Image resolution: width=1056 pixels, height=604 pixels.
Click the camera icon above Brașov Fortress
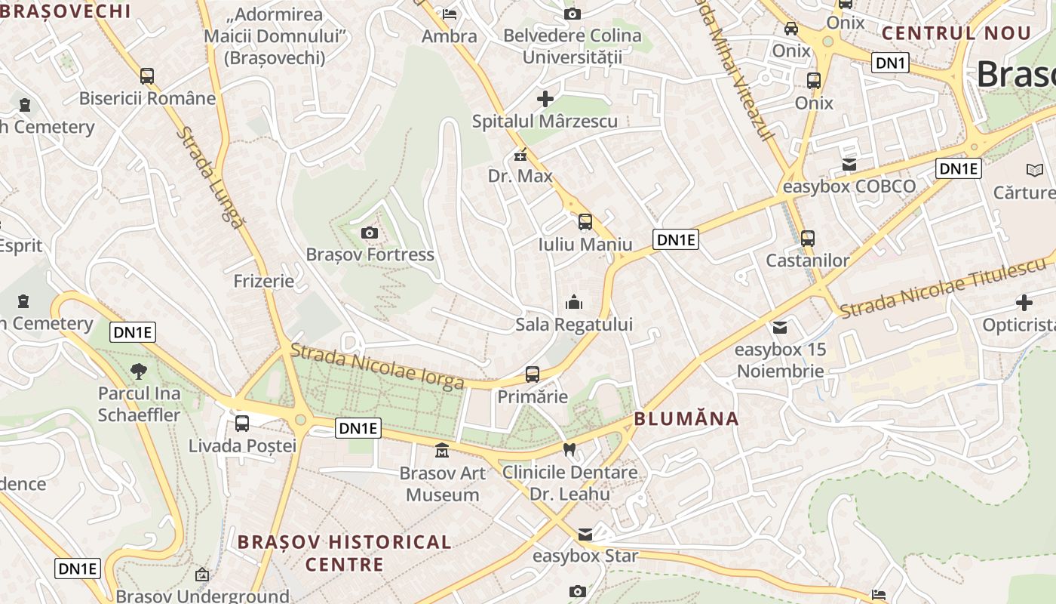[x=370, y=233]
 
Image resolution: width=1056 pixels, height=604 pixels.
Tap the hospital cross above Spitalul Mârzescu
[x=545, y=99]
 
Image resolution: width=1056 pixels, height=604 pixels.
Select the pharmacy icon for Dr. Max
[x=520, y=156]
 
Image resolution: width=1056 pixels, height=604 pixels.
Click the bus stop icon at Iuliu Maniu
[x=585, y=222]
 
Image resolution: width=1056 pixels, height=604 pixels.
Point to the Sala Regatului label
[x=574, y=325]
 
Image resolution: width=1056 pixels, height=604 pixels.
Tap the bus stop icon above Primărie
[x=533, y=374]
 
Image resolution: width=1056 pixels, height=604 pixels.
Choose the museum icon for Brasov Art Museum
[x=441, y=451]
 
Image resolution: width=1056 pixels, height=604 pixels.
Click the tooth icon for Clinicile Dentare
[x=569, y=450]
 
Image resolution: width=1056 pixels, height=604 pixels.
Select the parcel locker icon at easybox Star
[x=585, y=535]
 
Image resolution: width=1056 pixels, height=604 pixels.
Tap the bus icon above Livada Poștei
[x=242, y=424]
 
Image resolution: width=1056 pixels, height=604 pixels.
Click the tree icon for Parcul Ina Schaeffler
[x=139, y=371]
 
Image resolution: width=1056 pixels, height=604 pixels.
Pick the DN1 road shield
[x=890, y=63]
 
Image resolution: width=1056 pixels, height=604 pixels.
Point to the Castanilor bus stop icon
[x=808, y=239]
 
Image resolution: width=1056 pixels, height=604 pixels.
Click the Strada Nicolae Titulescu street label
[x=943, y=288]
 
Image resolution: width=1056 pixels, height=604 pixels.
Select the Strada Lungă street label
[x=211, y=177]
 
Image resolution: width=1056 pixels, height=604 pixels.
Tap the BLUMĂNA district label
[x=686, y=419]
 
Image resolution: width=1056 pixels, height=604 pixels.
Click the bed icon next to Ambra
[x=450, y=14]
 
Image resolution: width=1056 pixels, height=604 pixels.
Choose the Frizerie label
[x=264, y=282]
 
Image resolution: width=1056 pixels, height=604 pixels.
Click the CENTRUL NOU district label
[x=956, y=33]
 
